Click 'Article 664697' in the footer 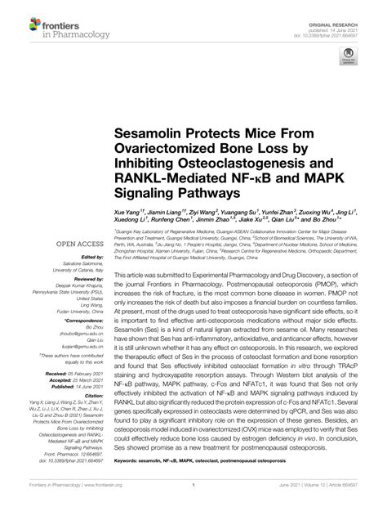(354, 496)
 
